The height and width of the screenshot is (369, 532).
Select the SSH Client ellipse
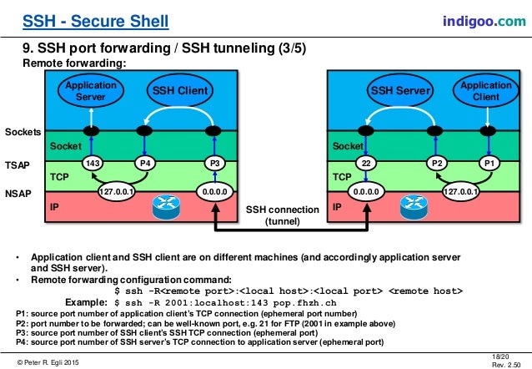click(178, 89)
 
